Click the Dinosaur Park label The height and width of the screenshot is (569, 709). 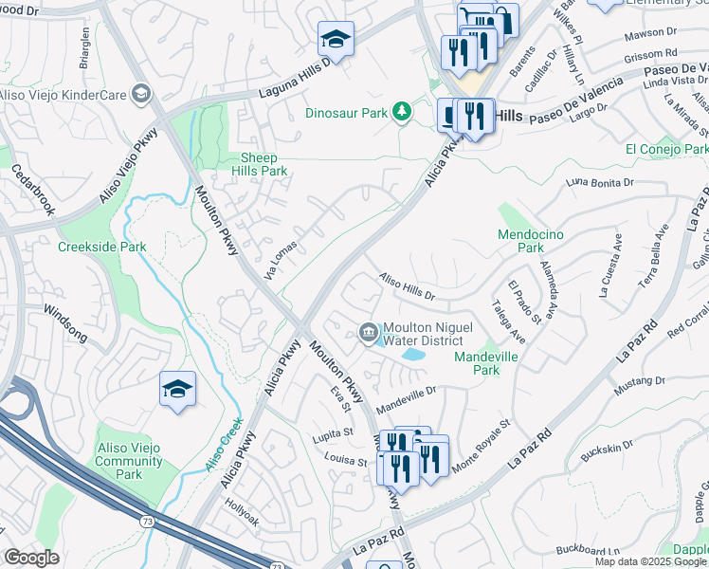coord(347,112)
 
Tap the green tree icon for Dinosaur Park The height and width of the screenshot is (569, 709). coord(403,112)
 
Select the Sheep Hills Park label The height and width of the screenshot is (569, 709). coord(259,165)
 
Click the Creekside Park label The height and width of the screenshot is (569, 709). coord(102,247)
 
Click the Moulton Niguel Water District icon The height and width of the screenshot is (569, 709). coord(368,330)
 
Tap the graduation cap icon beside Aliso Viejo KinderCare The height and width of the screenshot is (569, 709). coord(141,93)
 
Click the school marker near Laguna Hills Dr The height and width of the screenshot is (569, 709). coord(336,40)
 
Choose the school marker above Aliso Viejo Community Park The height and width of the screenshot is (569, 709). coord(177,390)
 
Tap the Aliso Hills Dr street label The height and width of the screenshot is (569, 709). coord(407,288)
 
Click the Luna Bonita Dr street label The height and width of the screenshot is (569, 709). coord(598,182)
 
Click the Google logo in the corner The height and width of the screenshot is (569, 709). coord(31,558)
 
